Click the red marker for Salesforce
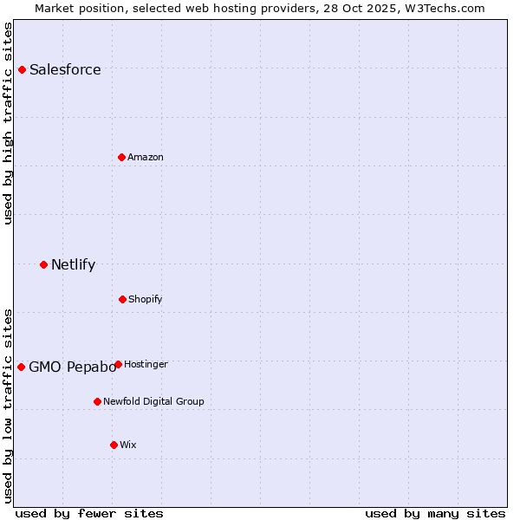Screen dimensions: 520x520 pyautogui.click(x=23, y=69)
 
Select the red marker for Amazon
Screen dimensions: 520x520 pyautogui.click(x=121, y=157)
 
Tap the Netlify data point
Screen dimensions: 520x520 pyautogui.click(x=43, y=264)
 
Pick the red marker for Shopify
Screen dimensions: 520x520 pyautogui.click(x=122, y=299)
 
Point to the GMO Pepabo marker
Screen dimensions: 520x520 pyautogui.click(x=22, y=367)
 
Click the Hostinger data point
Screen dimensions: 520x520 pyautogui.click(x=118, y=364)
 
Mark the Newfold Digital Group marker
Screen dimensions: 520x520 pyautogui.click(x=97, y=401)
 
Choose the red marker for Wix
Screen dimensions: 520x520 pyautogui.click(x=114, y=445)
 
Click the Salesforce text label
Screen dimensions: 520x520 pyautogui.click(x=65, y=70)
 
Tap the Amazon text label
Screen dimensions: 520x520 pyautogui.click(x=146, y=157)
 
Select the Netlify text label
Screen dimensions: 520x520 pyautogui.click(x=73, y=265)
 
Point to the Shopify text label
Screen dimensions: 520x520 pyautogui.click(x=146, y=299)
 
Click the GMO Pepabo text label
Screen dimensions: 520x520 pyautogui.click(x=72, y=367)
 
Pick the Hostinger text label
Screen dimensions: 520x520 pyautogui.click(x=146, y=364)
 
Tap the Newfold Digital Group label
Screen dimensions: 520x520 pyautogui.click(x=153, y=401)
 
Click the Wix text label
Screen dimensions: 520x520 pyautogui.click(x=128, y=445)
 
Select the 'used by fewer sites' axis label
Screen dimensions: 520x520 pyautogui.click(x=89, y=513)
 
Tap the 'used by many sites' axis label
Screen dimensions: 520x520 pyautogui.click(x=435, y=513)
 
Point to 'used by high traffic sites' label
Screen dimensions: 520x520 pyautogui.click(x=8, y=123)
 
